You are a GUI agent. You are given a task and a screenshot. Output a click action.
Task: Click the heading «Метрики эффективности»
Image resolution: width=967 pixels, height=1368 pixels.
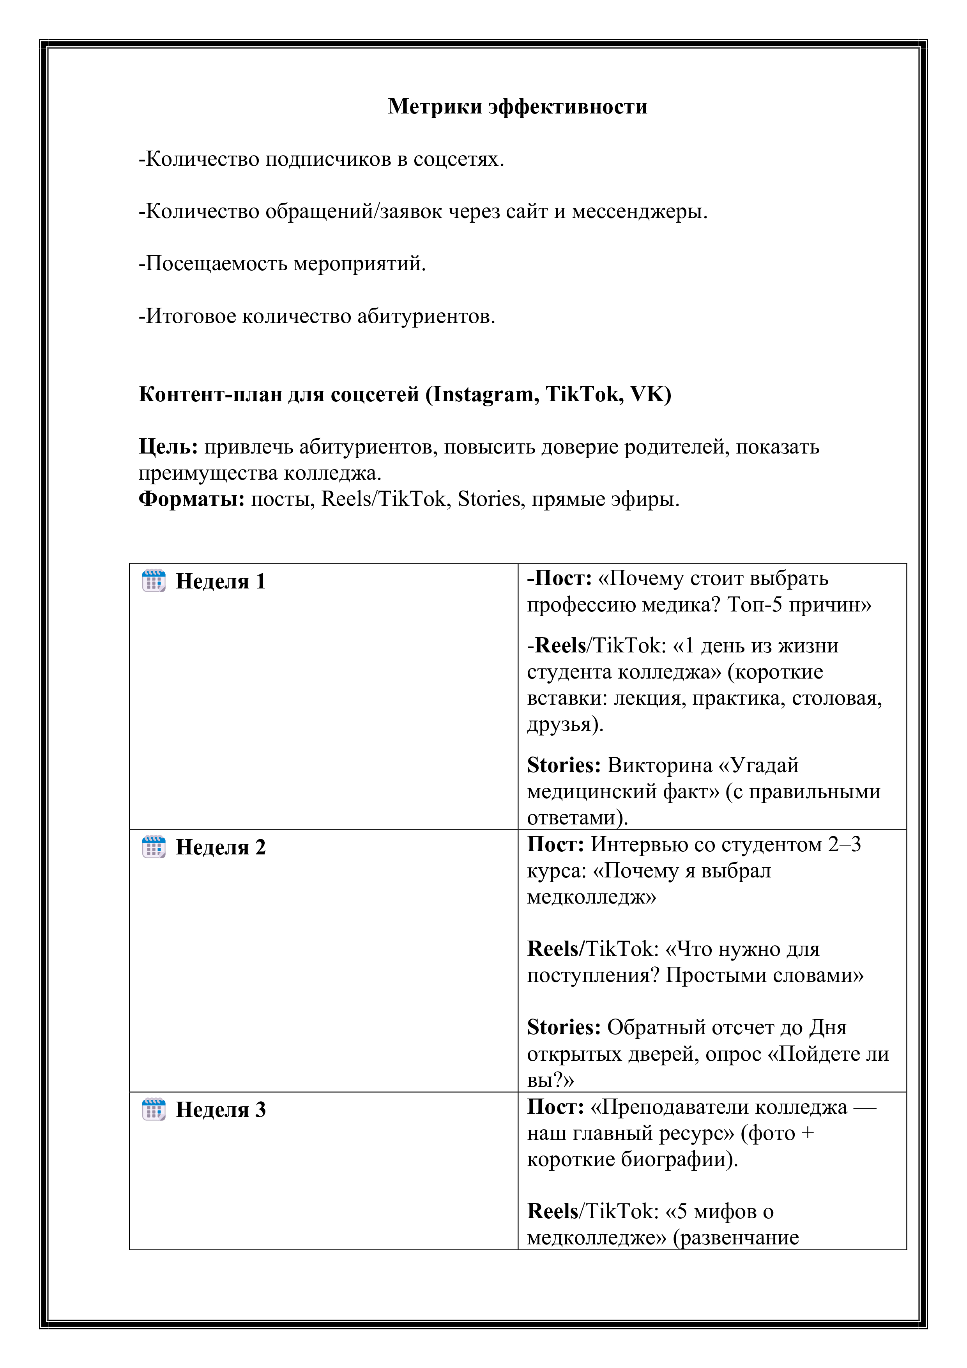click(x=518, y=106)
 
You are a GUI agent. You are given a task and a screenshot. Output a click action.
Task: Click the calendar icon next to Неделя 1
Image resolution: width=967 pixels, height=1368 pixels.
click(x=154, y=581)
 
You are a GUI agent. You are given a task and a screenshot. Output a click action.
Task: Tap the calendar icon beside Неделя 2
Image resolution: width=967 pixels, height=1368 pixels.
click(x=154, y=847)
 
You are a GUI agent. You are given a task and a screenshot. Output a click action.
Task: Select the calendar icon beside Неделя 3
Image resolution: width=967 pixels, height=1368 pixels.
click(x=154, y=1109)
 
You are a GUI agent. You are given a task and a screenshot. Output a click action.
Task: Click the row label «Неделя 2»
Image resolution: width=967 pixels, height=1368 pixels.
click(x=220, y=847)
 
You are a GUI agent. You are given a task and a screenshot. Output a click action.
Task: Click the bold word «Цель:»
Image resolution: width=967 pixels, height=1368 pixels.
click(x=168, y=447)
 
